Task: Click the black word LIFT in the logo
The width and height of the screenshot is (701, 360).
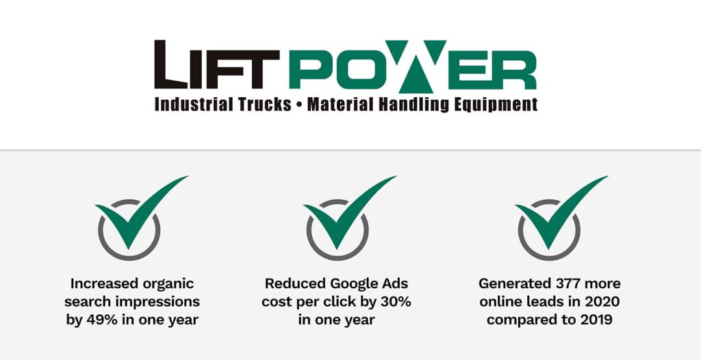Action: (217, 65)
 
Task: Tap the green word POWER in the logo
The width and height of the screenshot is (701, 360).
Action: (413, 66)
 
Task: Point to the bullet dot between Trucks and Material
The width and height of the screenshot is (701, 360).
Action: (300, 105)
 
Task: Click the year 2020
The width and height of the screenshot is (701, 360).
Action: (604, 302)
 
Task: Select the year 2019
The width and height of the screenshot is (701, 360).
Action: (597, 320)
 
